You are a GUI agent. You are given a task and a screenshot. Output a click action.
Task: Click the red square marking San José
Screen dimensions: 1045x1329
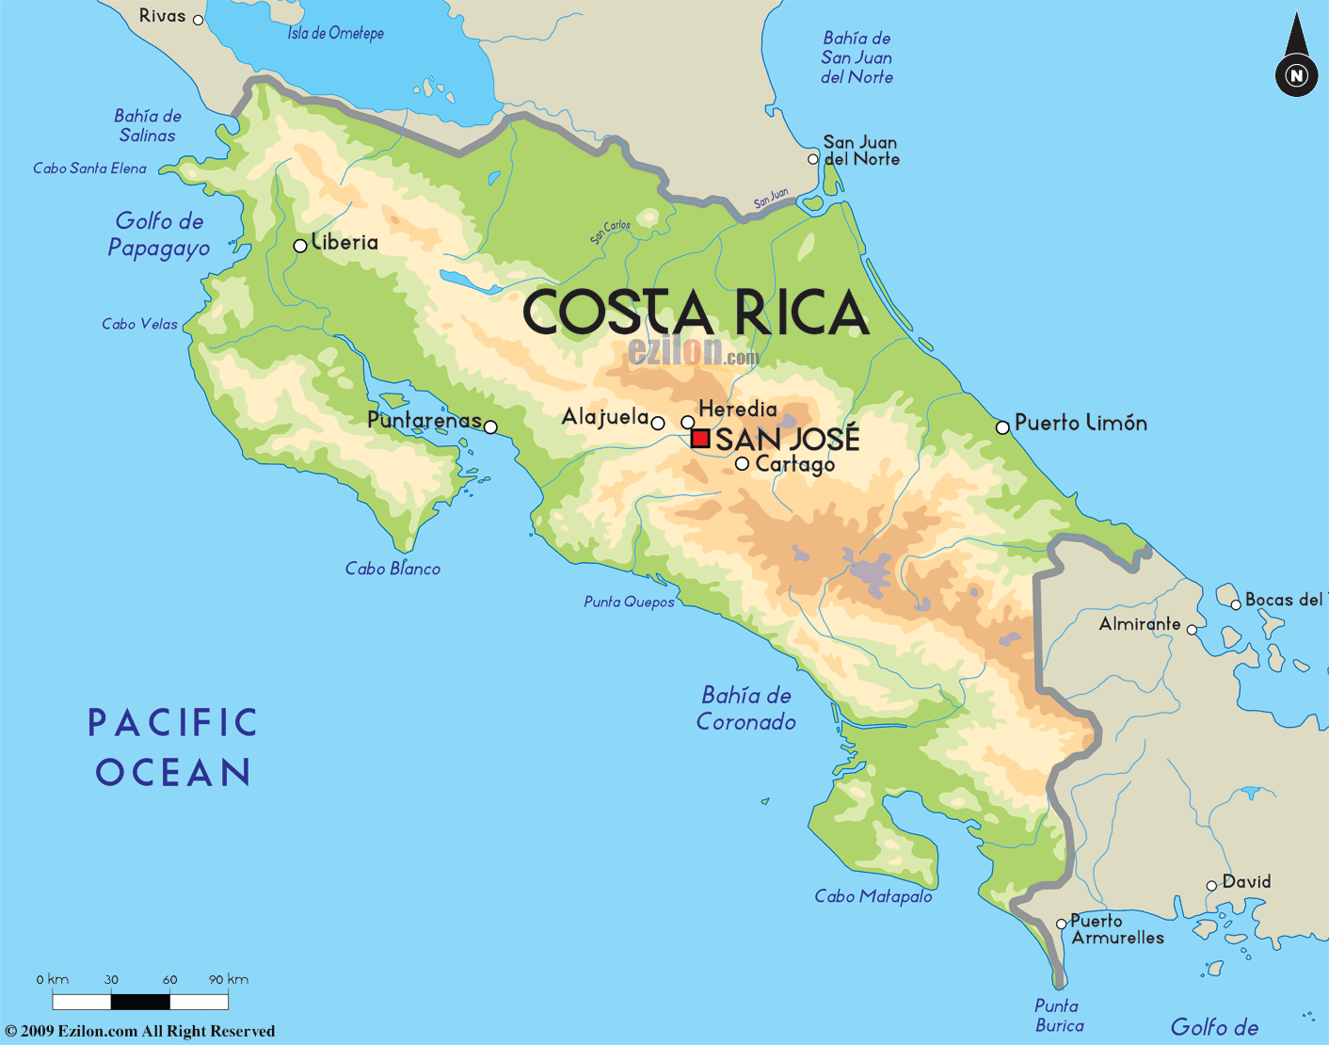[700, 438]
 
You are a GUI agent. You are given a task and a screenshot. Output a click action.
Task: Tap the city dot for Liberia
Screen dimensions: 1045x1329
[300, 246]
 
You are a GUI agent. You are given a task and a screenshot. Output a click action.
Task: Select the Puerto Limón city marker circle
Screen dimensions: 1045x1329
[1002, 427]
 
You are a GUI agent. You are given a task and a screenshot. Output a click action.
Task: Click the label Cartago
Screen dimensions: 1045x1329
[794, 464]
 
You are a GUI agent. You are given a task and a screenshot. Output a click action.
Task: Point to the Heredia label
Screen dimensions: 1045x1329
[738, 409]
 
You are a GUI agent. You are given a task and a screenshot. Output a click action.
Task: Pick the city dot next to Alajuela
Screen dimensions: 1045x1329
[658, 424]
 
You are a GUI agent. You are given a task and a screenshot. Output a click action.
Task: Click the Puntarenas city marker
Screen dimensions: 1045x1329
[490, 427]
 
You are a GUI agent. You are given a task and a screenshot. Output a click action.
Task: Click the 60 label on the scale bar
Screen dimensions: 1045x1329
[169, 979]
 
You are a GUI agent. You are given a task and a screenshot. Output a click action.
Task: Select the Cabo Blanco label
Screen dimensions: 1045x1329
[392, 569]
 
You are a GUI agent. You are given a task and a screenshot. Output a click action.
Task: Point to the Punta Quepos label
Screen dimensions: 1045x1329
[629, 602]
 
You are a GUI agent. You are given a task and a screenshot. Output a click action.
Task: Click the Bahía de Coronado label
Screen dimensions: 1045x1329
[746, 708]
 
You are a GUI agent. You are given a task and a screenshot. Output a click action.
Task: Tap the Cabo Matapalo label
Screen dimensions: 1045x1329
[873, 896]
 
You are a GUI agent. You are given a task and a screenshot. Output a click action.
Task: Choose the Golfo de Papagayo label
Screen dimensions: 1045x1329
[159, 234]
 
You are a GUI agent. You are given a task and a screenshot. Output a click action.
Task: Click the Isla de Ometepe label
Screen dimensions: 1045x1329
[335, 34]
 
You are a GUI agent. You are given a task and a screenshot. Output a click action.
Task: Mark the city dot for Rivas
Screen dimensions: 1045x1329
[198, 19]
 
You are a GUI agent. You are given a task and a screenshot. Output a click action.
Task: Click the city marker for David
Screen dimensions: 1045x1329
[1211, 886]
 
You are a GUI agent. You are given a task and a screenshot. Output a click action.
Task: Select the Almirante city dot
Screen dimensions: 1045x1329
[1192, 630]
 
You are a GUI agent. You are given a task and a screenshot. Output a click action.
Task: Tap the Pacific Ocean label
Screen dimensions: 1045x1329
[173, 748]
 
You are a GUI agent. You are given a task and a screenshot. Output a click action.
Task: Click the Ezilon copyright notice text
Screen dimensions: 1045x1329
[140, 1031]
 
